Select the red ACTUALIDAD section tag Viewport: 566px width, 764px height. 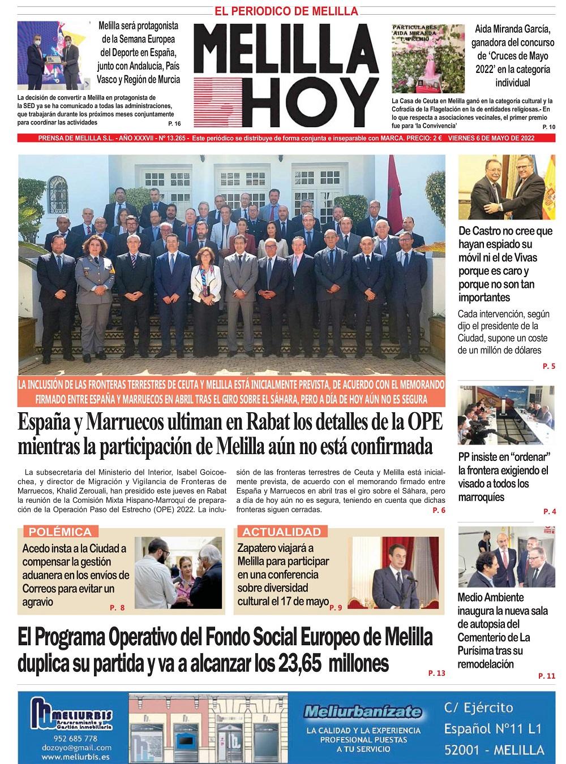click(282, 532)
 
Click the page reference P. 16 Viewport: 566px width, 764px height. click(174, 123)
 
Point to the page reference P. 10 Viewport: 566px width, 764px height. click(548, 127)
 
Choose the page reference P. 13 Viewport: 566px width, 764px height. click(437, 673)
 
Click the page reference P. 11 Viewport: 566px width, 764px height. click(547, 676)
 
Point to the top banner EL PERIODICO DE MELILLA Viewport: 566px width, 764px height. click(286, 11)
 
